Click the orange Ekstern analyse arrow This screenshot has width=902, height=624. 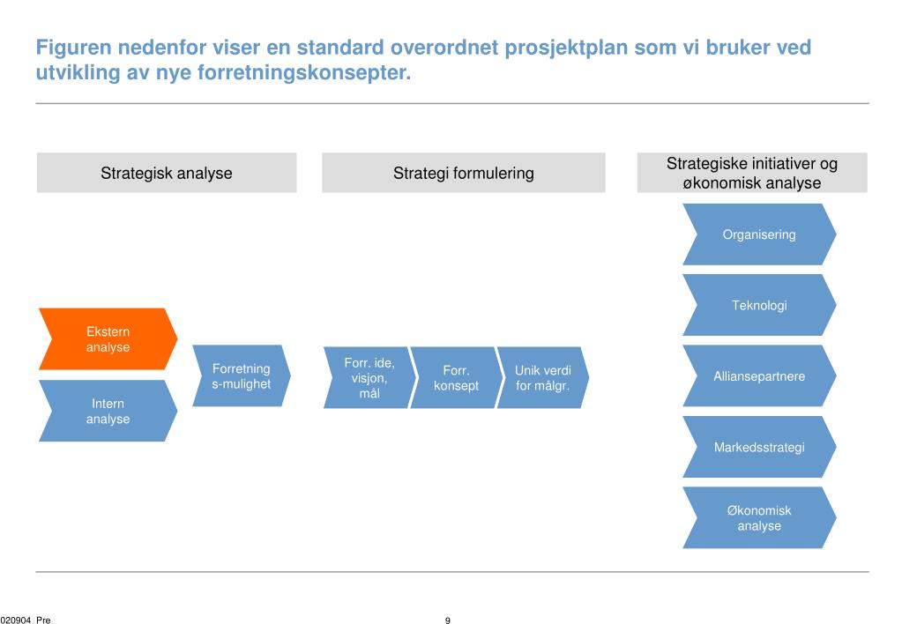coord(108,339)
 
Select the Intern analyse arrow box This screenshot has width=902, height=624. coord(108,411)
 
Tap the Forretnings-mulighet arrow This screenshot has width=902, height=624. coord(241,376)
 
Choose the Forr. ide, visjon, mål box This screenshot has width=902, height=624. coord(369,378)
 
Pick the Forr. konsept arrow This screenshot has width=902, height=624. coord(456,378)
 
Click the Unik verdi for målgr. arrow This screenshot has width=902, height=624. coord(542,378)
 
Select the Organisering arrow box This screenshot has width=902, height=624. coord(758,234)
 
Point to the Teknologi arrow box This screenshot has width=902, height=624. coord(758,306)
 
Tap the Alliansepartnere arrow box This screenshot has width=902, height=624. coord(758,376)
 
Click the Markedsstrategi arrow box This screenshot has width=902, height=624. coord(758,447)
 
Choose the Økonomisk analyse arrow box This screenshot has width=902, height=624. coord(758,518)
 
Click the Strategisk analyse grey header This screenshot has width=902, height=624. coord(167,173)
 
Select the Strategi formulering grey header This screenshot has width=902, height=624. coord(464,173)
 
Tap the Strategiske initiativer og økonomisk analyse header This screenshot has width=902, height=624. coord(752,173)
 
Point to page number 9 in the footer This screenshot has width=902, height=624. coord(448,620)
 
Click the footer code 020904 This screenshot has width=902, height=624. coord(15,620)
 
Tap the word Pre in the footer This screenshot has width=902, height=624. coord(43,620)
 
